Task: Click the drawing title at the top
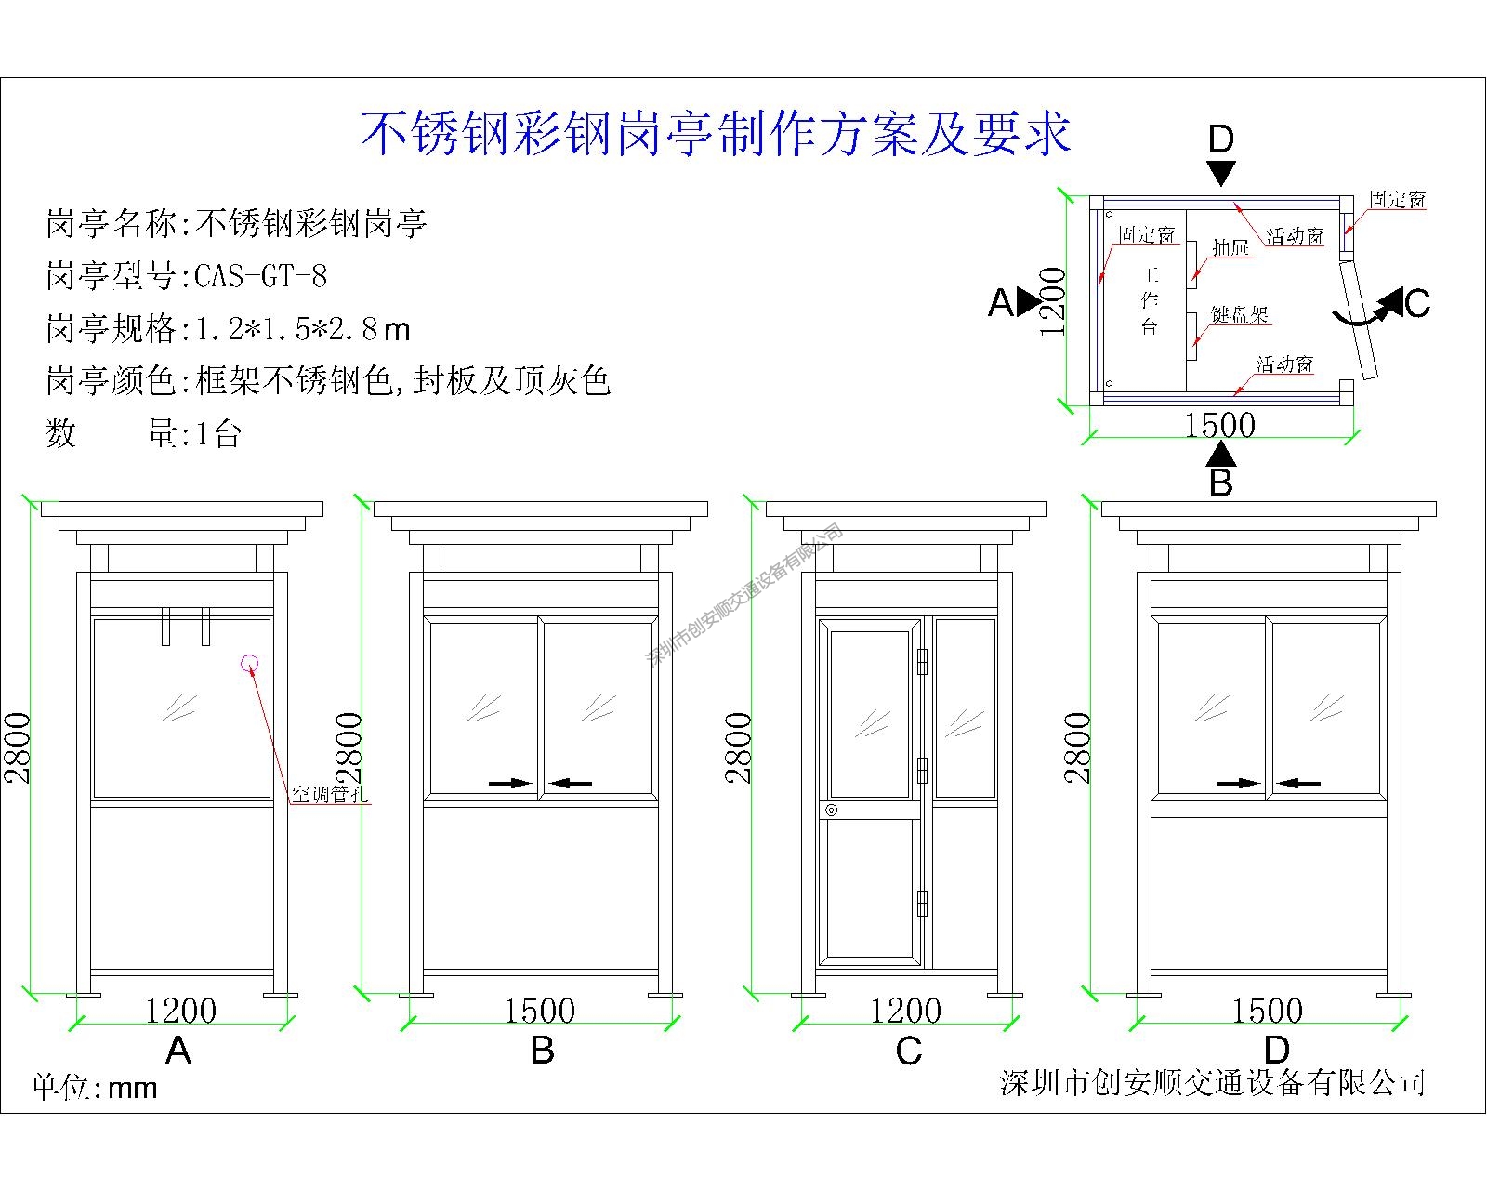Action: pyautogui.click(x=716, y=135)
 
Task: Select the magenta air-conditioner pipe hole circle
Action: pyautogui.click(x=249, y=663)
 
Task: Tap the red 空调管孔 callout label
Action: pyautogui.click(x=330, y=795)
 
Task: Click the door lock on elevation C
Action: pyautogui.click(x=831, y=811)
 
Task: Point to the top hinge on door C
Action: pyautogui.click(x=922, y=661)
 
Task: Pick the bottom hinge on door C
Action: pyautogui.click(x=922, y=902)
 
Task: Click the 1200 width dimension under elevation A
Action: pyautogui.click(x=181, y=1011)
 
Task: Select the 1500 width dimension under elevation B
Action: pyautogui.click(x=539, y=1011)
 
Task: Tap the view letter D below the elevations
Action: pyautogui.click(x=1277, y=1051)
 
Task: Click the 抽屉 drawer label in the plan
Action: pyautogui.click(x=1231, y=247)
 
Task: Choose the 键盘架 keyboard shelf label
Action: pyautogui.click(x=1240, y=315)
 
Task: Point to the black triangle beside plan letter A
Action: pyautogui.click(x=1029, y=300)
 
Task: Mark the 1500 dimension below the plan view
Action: pyautogui.click(x=1219, y=425)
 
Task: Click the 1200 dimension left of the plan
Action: pyautogui.click(x=1053, y=301)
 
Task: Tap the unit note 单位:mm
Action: pyautogui.click(x=96, y=1087)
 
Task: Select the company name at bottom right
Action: pyautogui.click(x=1213, y=1082)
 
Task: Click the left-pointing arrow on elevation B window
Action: pyautogui.click(x=570, y=784)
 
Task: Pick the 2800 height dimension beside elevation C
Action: pyautogui.click(x=740, y=747)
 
